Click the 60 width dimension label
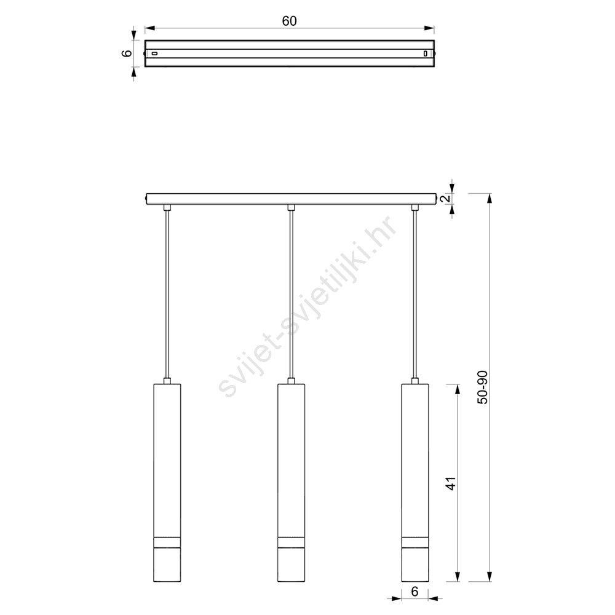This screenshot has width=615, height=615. coord(290,21)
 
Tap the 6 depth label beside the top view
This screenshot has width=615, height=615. coord(127,53)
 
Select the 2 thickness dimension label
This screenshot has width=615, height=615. coord(445,199)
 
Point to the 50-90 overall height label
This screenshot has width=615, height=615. coord(482,387)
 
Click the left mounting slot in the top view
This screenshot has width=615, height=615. coord(154,53)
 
